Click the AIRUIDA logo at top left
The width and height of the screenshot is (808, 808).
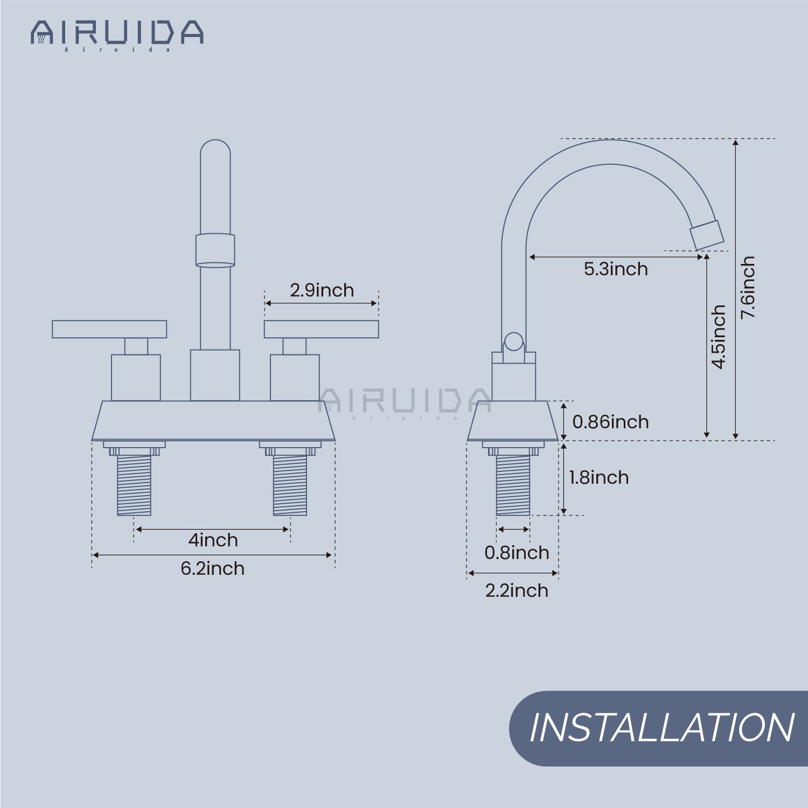pos(117,35)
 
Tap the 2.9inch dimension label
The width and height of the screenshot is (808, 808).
pos(322,290)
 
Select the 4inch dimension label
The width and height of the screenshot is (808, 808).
pos(213,540)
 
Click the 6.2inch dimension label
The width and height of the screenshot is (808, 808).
pos(212,568)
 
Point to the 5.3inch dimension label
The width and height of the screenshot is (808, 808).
pos(616,269)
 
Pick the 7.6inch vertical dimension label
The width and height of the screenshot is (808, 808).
pos(748,287)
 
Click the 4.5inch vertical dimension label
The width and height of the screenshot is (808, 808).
pos(719,337)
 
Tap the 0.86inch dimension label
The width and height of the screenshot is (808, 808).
pos(610,422)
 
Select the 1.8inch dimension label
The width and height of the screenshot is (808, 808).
pos(599,477)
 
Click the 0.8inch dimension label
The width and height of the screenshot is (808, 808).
pos(517,553)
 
